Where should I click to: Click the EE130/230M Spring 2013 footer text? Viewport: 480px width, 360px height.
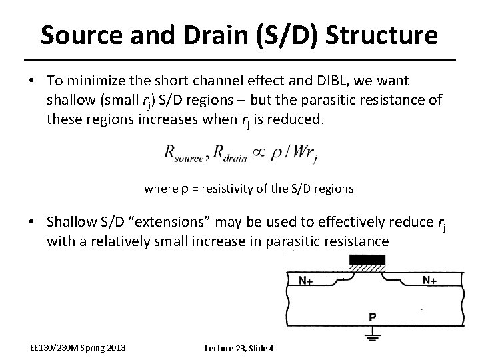(78, 347)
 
